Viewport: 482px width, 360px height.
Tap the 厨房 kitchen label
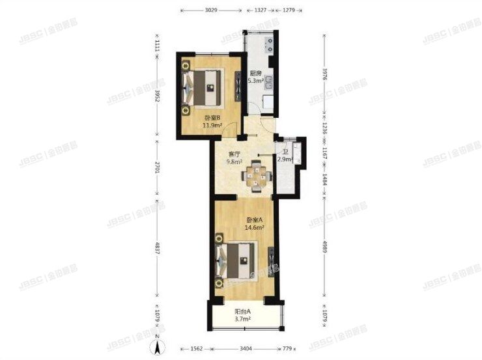pyautogui.click(x=255, y=74)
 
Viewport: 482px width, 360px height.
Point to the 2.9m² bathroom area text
pyautogui.click(x=285, y=159)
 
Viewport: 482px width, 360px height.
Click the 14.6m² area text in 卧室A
pyautogui.click(x=254, y=228)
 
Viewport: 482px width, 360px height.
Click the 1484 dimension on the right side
pyautogui.click(x=324, y=180)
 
